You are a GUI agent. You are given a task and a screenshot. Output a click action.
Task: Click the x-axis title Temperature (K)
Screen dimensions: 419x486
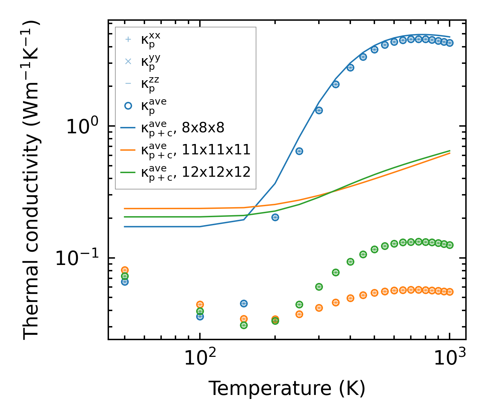pos(287,388)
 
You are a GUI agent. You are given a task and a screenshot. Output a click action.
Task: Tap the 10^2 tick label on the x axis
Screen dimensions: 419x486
pos(200,358)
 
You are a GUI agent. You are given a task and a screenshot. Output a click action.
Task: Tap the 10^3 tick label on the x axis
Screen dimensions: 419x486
pos(450,358)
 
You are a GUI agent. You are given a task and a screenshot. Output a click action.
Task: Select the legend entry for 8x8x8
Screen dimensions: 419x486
pos(183,128)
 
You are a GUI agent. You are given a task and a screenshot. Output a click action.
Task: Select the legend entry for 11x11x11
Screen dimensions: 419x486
pos(196,150)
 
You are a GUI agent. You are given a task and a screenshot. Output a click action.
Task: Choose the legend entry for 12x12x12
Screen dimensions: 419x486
pos(196,172)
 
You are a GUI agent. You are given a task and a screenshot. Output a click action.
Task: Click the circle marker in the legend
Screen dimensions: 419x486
pos(128,106)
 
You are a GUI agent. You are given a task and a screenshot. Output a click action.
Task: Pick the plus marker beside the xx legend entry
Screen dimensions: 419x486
pos(128,39)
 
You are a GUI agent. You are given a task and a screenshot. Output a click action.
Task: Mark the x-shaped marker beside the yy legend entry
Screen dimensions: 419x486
pos(128,61)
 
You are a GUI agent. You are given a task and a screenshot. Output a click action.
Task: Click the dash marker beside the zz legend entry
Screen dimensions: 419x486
pos(128,84)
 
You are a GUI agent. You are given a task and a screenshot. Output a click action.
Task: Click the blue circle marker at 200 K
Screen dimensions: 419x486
pos(275,217)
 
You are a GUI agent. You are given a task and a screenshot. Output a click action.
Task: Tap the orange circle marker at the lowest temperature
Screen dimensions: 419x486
pos(125,270)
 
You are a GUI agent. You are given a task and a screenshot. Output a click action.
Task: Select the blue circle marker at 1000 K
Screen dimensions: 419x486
pos(450,43)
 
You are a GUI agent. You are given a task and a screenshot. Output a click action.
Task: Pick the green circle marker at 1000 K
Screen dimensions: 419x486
pos(450,245)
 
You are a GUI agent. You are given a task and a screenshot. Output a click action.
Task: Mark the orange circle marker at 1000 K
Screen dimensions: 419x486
pos(450,292)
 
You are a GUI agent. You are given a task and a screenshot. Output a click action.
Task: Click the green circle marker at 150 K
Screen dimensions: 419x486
pos(244,325)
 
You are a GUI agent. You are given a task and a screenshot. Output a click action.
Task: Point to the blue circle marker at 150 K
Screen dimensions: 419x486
pos(244,303)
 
